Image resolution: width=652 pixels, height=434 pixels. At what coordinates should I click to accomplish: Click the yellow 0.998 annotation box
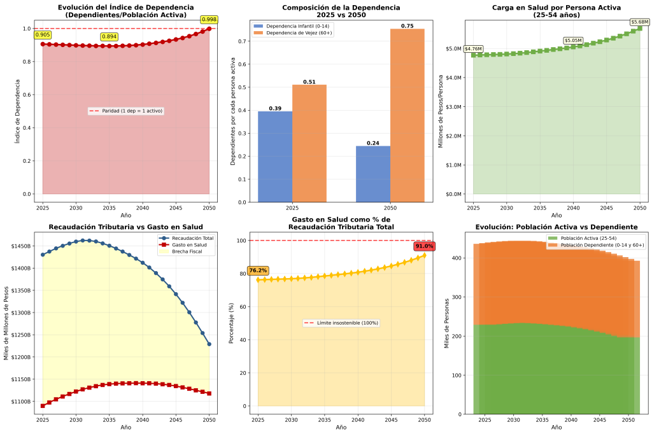coord(208,19)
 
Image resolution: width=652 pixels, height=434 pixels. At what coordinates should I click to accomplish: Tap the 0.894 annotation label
coord(110,37)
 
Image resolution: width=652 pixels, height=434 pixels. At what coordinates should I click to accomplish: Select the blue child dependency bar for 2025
coord(274,157)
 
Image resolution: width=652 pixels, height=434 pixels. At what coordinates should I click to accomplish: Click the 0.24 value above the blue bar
coord(373,143)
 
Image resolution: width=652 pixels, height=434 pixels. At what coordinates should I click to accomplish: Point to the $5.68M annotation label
coord(640,22)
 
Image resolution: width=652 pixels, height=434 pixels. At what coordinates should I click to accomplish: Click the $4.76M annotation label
coord(473,49)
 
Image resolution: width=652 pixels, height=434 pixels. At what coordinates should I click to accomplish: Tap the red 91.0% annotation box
coord(424,246)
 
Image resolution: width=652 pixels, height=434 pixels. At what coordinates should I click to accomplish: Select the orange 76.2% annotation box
coord(259,270)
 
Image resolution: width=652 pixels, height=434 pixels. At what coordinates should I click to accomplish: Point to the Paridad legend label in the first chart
coord(130,111)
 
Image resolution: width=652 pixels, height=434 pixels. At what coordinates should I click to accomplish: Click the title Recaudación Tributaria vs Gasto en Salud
coord(126,227)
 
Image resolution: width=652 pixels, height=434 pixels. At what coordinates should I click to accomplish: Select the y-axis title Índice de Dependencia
coord(17,111)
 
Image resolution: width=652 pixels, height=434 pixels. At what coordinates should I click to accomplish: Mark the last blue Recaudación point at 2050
coord(209,344)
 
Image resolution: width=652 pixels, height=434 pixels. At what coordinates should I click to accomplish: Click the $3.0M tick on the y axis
coord(455,107)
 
